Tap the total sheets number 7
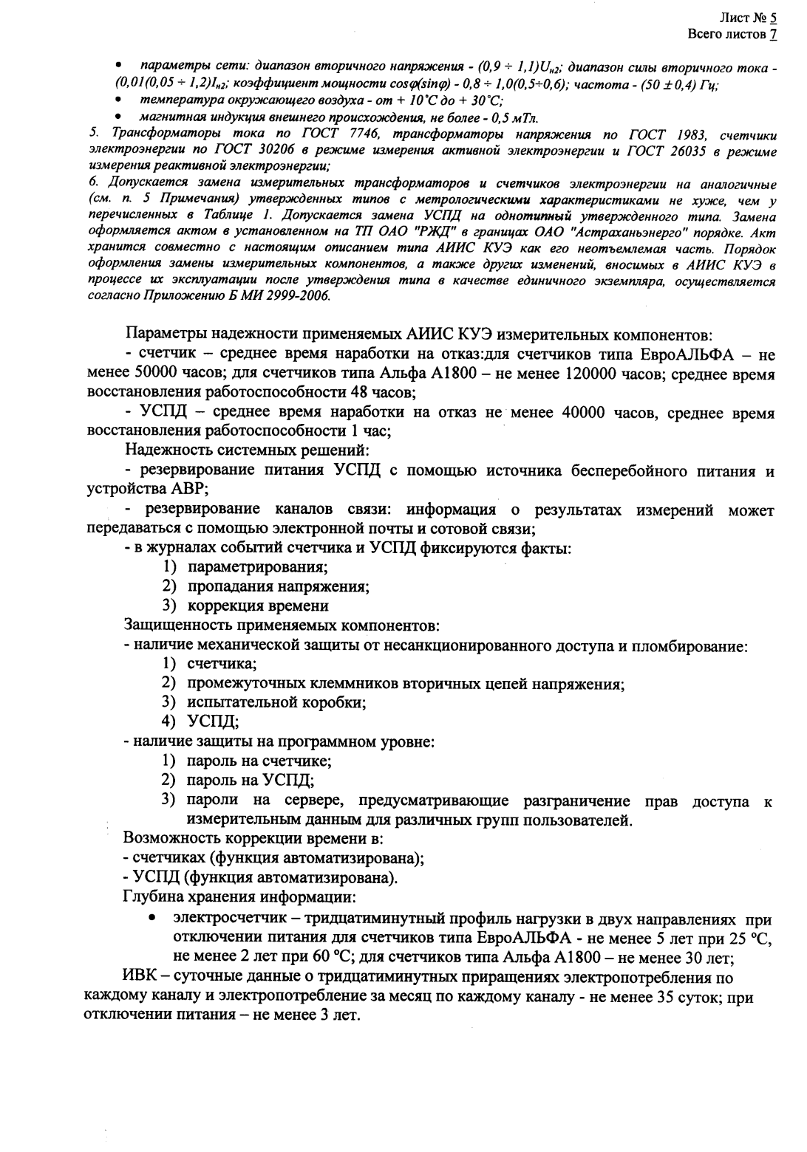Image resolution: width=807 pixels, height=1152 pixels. pyautogui.click(x=773, y=33)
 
